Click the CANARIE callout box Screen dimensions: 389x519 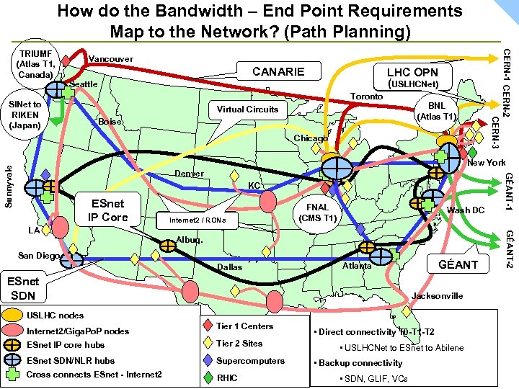coord(278,71)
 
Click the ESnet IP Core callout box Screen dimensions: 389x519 coord(107,210)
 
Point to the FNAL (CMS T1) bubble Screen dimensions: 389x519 coord(318,212)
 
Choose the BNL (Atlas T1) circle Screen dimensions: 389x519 coord(438,110)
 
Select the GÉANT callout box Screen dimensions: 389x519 coord(458,264)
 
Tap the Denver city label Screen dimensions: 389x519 coord(190,174)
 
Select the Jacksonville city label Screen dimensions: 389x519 coord(437,295)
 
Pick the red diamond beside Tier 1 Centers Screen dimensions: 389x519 coord(206,326)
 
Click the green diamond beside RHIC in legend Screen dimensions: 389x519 coord(206,377)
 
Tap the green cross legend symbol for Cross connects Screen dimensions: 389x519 coord(13,375)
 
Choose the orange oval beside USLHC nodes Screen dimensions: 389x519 coord(13,315)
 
